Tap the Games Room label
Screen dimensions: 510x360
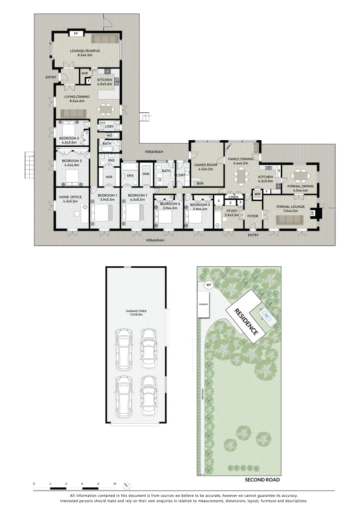point(206,165)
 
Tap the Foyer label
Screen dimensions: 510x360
point(253,216)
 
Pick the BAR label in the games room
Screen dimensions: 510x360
point(200,183)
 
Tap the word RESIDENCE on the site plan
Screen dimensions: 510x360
point(246,321)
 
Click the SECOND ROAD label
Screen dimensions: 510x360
point(262,480)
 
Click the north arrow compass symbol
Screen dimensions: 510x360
point(126,485)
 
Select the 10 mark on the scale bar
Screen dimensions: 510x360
point(115,484)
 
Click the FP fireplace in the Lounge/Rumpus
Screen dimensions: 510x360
point(75,34)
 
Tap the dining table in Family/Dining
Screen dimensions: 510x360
point(242,177)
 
